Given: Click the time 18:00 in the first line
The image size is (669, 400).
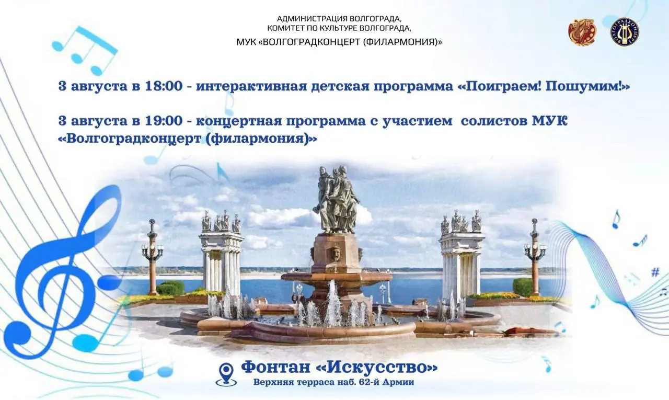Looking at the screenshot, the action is click(x=164, y=86).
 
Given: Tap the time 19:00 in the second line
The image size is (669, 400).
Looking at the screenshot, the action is click(x=164, y=121).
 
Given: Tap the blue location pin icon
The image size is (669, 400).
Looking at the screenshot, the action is click(x=226, y=374).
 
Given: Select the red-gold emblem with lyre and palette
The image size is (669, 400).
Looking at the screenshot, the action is click(x=582, y=32).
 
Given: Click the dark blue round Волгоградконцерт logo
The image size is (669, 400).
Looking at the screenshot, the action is click(x=625, y=32).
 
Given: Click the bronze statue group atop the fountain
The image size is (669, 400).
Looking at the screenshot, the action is click(x=336, y=200).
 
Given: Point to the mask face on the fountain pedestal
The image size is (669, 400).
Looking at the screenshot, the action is click(x=337, y=254).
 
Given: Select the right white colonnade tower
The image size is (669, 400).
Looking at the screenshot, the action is click(x=462, y=255).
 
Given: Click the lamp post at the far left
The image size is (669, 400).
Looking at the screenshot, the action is click(x=153, y=257).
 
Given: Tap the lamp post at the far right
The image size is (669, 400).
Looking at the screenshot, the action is click(x=535, y=257).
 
